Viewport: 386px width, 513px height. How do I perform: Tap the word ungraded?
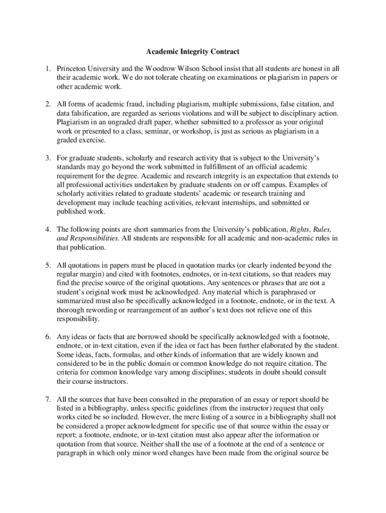[117, 122]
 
